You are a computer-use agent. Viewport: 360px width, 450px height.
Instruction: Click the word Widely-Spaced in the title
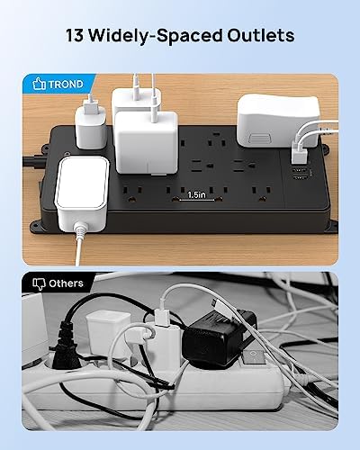[162, 38]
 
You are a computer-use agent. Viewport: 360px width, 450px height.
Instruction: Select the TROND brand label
[67, 84]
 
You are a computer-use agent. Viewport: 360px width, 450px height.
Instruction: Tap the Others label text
[67, 283]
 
